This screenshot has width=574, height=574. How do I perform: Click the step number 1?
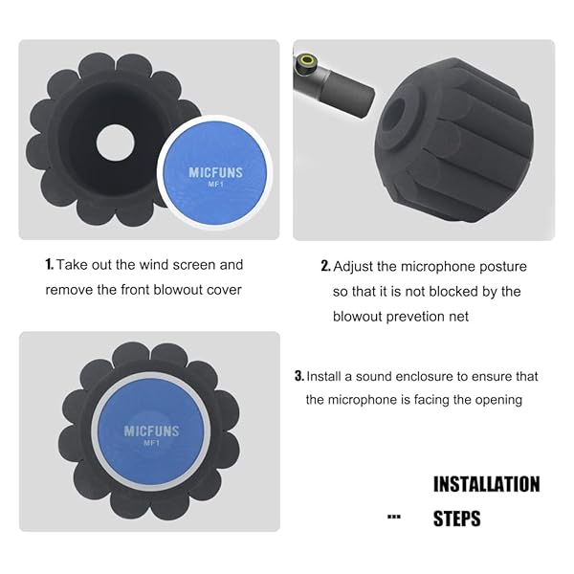[x=50, y=265]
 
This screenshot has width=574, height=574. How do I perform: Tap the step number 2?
[x=325, y=267]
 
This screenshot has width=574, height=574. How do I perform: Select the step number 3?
[x=299, y=377]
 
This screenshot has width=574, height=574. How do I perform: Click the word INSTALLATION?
[x=486, y=484]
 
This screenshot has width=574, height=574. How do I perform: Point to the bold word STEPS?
[x=457, y=519]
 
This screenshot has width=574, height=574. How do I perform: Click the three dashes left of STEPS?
[x=393, y=518]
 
